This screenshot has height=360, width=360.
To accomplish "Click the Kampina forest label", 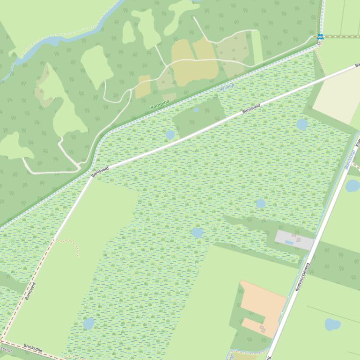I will tap(160, 104).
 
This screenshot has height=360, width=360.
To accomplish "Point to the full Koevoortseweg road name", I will tap(302, 277).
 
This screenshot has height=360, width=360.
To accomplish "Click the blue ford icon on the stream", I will tap(320, 36).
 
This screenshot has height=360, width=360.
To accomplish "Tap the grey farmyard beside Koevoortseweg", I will tap(294, 240).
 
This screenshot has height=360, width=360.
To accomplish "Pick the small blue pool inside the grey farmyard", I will tap(289, 243).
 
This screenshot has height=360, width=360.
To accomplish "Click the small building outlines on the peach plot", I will tap(262, 329).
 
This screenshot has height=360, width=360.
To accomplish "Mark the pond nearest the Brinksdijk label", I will tap(88, 323).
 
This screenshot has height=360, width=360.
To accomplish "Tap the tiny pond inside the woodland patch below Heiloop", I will tap(196, 110).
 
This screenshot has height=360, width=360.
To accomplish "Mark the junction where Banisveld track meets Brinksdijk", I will tap(2, 340).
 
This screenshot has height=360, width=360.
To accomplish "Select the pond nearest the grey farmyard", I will tap(261, 203).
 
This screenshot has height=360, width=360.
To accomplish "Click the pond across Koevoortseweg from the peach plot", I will tap(332, 324).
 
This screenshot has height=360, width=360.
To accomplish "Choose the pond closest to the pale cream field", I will tap(302, 124).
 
